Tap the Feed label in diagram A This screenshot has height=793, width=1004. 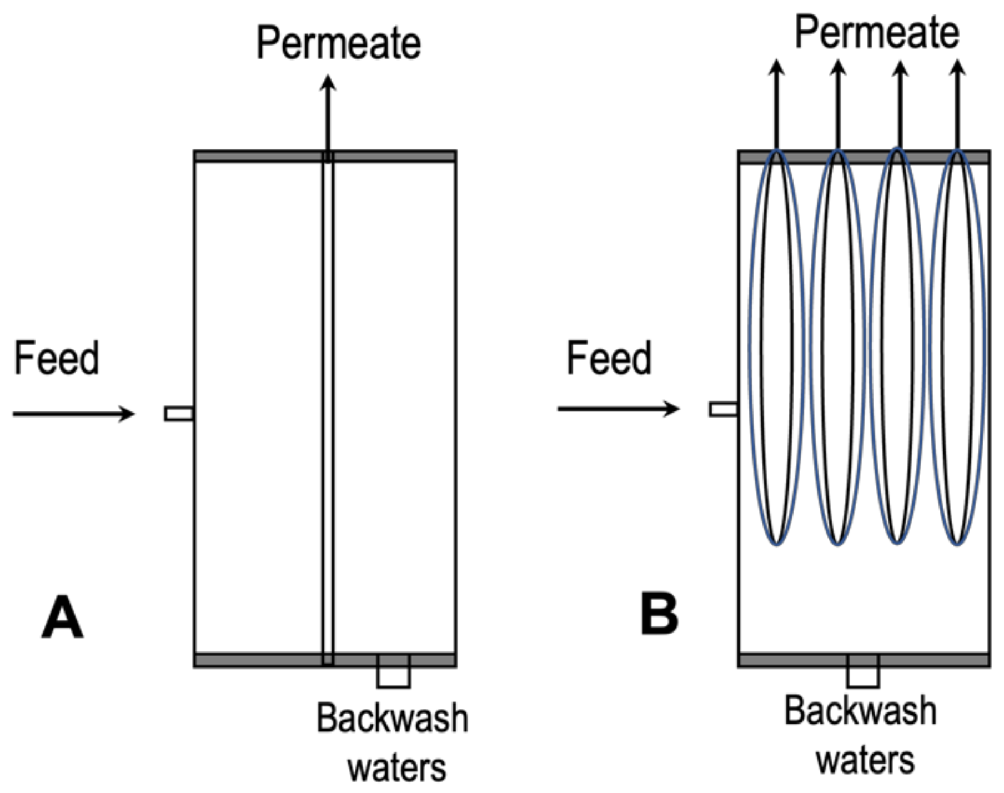pos(57,359)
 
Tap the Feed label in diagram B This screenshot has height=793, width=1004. pos(609,359)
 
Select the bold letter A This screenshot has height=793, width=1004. pos(62,618)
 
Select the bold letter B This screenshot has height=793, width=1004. pos(659,615)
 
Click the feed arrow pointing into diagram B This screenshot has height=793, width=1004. pos(618,409)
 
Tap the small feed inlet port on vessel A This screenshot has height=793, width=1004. pos(179,414)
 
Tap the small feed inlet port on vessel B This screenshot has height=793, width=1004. pos(724,409)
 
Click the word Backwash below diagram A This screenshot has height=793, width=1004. pos(392,719)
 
